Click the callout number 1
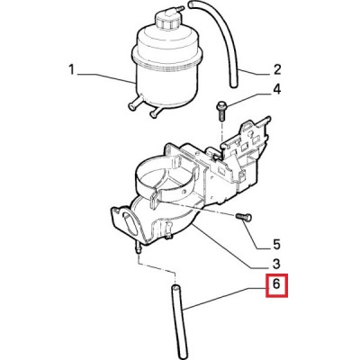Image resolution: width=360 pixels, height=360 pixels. click(71, 70)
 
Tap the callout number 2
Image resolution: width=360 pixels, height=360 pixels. click(276, 69)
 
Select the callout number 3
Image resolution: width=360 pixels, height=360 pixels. click(276, 264)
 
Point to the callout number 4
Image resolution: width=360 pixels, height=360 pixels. click(276, 89)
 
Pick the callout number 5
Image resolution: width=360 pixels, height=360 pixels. click(276, 244)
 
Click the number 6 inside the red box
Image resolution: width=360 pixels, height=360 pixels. click(276, 283)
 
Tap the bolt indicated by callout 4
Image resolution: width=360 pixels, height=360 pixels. click(221, 110)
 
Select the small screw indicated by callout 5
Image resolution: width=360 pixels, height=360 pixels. click(244, 217)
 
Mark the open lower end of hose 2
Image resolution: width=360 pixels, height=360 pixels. click(234, 85)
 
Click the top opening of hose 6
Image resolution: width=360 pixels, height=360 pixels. click(175, 287)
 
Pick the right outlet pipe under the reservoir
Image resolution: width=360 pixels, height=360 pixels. click(157, 111)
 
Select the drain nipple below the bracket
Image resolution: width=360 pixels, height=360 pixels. click(139, 247)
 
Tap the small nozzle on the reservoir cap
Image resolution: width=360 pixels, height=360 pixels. click(177, 9)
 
